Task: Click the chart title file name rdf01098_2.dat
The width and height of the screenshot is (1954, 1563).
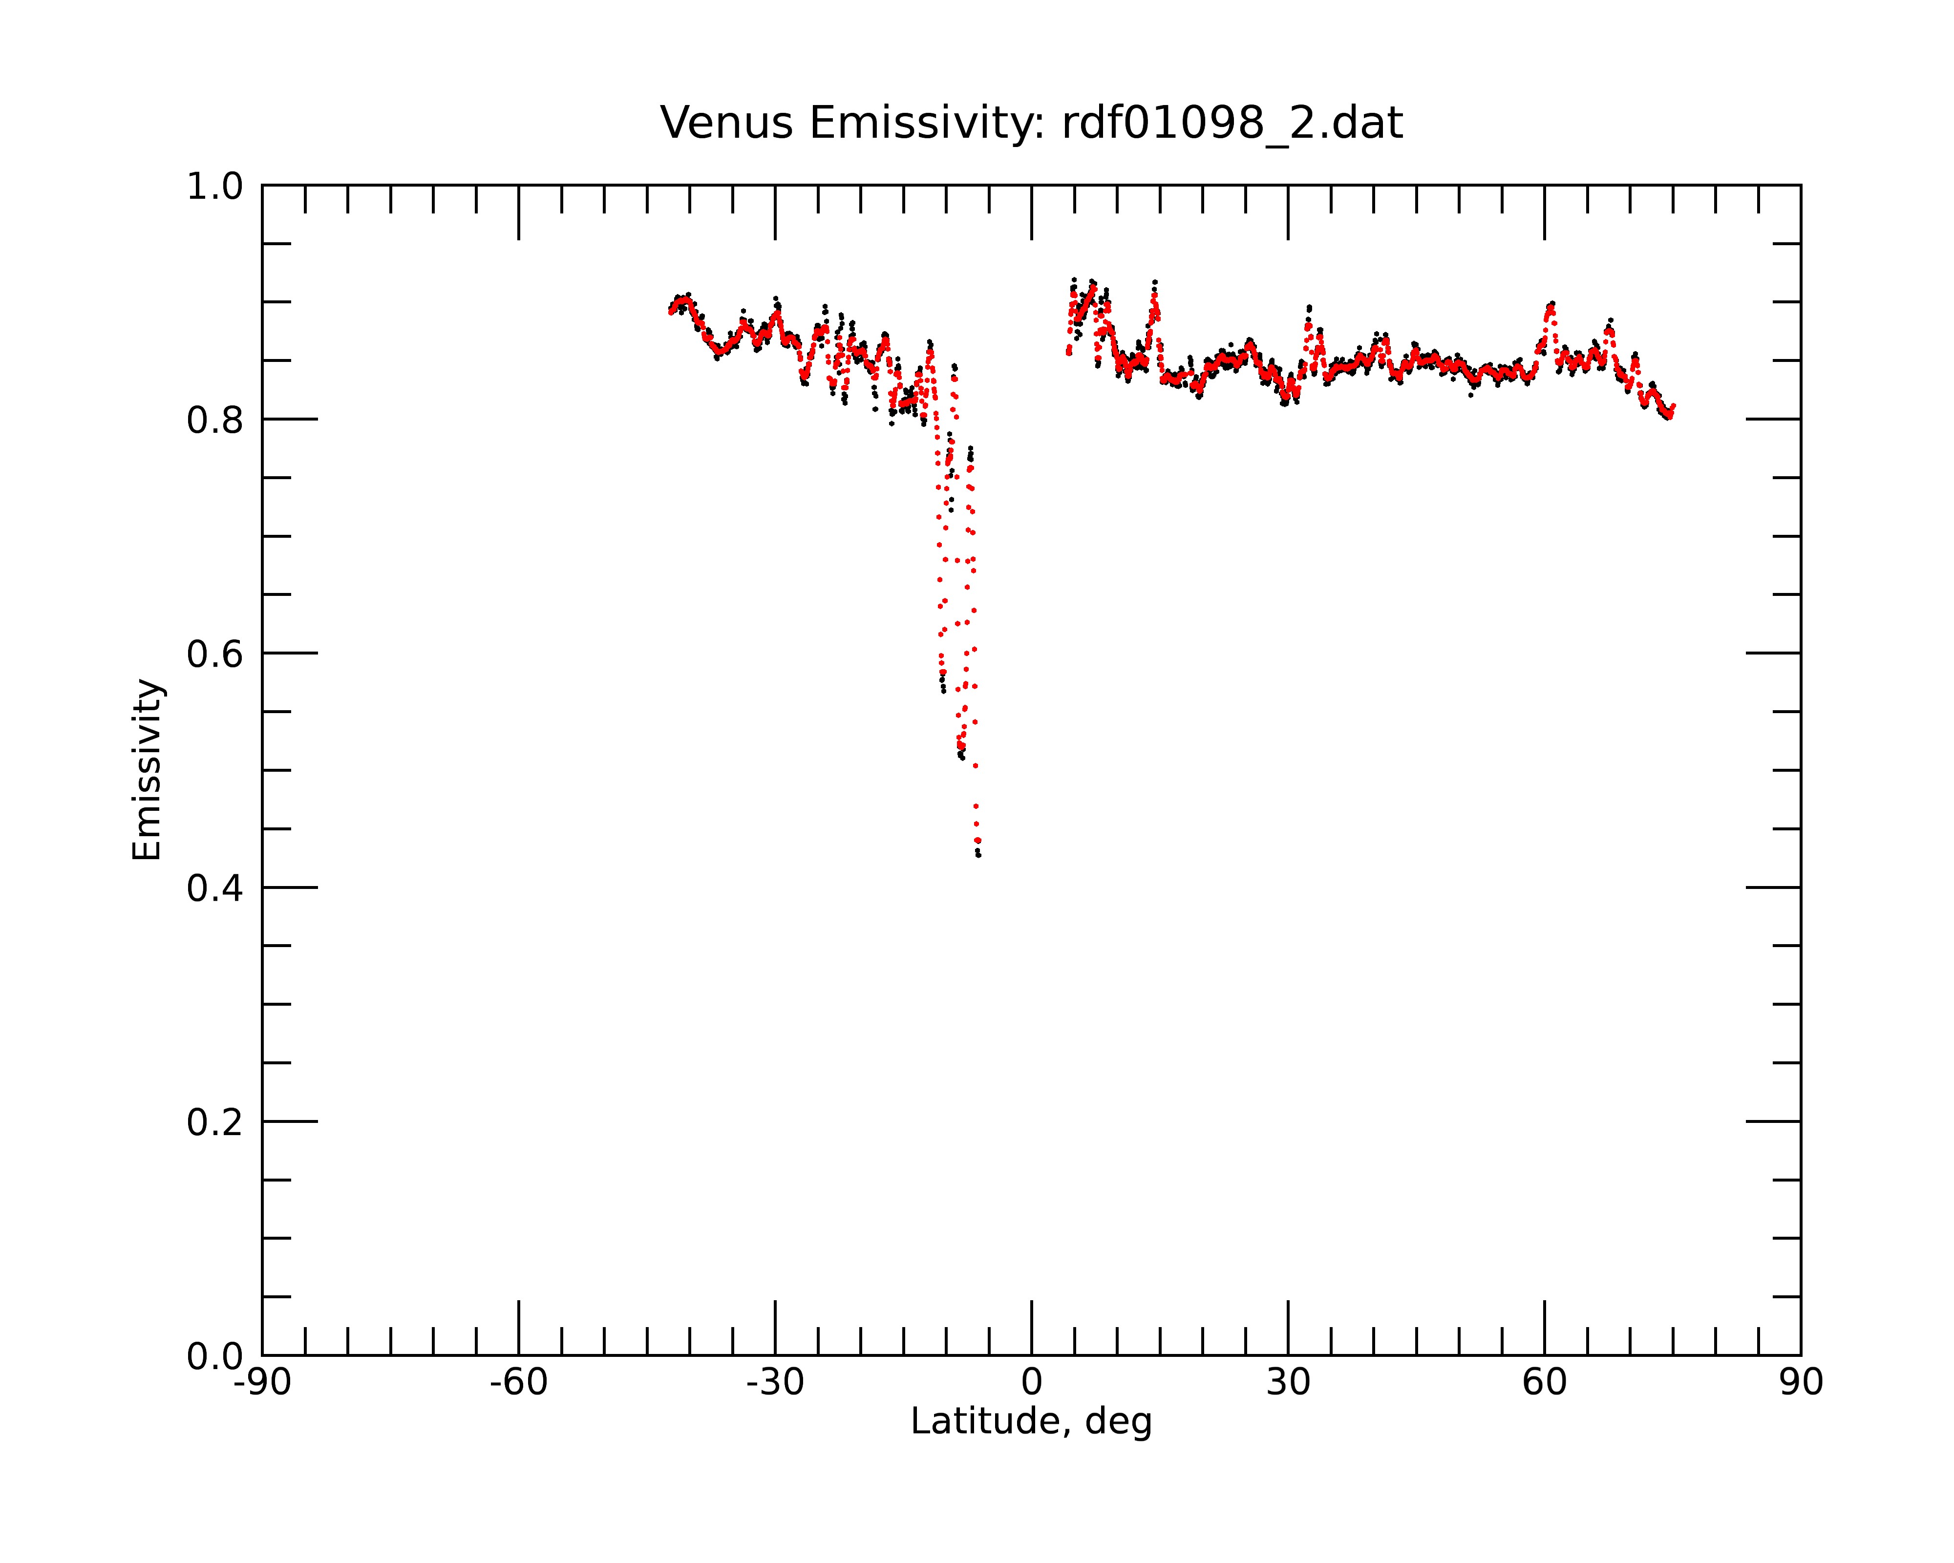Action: tap(1232, 123)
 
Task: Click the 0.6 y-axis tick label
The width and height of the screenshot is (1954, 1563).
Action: tap(215, 654)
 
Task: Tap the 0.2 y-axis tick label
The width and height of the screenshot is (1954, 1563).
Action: tap(215, 1122)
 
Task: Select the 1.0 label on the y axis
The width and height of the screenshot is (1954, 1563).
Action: tap(215, 187)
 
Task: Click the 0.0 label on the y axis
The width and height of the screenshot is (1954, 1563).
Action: tap(215, 1356)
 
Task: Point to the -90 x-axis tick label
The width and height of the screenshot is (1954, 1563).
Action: tap(262, 1383)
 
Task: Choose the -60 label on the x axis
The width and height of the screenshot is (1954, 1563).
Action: tap(518, 1383)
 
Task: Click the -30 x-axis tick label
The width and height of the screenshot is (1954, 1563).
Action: tap(775, 1383)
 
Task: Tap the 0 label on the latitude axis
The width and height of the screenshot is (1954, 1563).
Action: tap(1031, 1383)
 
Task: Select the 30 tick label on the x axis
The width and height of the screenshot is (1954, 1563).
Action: tap(1288, 1383)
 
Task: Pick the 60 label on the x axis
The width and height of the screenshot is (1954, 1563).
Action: tap(1544, 1383)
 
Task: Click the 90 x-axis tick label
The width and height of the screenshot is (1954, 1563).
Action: tap(1801, 1383)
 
